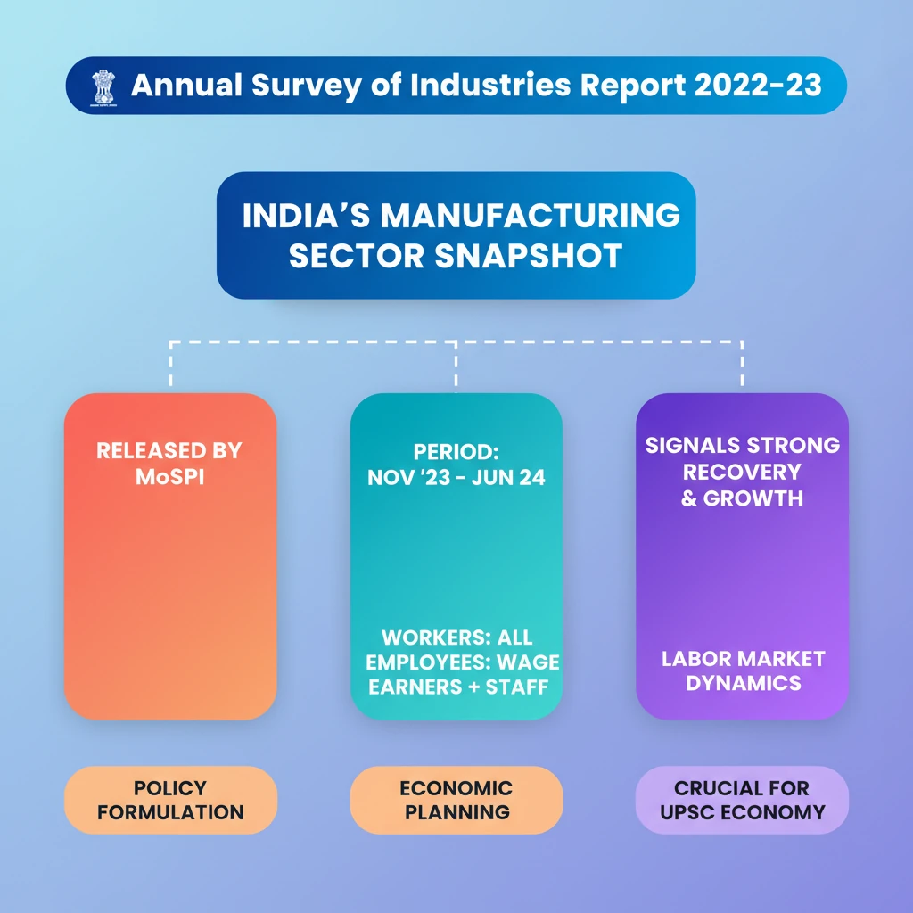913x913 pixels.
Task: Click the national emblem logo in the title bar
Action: coord(104,86)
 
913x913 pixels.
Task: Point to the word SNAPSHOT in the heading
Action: coord(529,257)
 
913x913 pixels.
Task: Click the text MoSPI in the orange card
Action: coord(169,476)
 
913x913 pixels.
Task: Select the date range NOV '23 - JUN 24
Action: coord(456,478)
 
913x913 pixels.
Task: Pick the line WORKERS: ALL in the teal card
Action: coord(456,638)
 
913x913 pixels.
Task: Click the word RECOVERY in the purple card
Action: coord(743,471)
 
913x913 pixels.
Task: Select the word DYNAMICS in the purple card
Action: coord(743,683)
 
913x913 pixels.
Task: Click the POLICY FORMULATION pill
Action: coord(170,800)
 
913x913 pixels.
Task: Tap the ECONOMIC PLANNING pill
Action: coord(456,800)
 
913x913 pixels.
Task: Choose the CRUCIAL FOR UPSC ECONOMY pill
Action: coord(742,800)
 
